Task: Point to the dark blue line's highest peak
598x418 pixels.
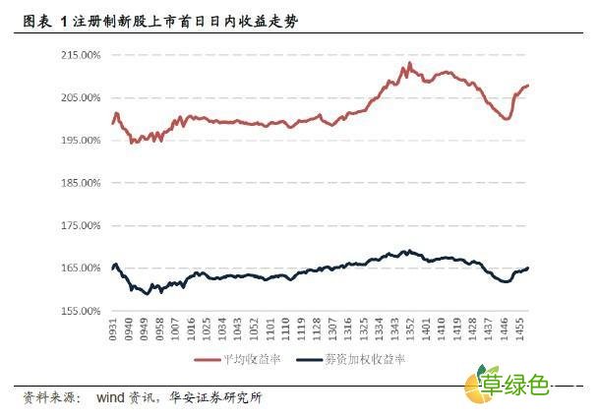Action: pyautogui.click(x=408, y=251)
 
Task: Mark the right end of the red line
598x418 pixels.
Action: pyautogui.click(x=528, y=86)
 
